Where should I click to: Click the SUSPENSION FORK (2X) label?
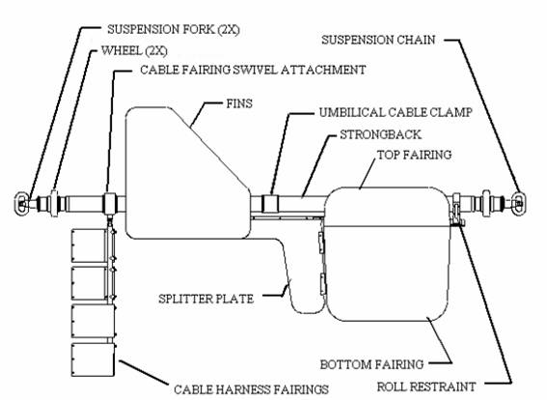click(x=174, y=29)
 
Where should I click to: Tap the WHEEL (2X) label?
click(x=134, y=51)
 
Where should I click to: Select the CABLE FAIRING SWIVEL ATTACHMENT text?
click(x=253, y=70)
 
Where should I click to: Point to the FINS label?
click(x=239, y=103)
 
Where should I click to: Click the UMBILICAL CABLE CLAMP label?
click(x=396, y=112)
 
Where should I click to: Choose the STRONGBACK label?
click(x=381, y=134)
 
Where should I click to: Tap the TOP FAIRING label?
click(x=415, y=155)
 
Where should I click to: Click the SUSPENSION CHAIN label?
click(x=378, y=40)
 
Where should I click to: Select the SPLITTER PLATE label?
click(x=205, y=299)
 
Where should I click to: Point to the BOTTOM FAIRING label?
click(x=371, y=364)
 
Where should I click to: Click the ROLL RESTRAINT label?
click(x=426, y=386)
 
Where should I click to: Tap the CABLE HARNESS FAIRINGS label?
click(x=251, y=389)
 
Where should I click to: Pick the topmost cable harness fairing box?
click(x=89, y=245)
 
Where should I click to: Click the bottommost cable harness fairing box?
click(x=93, y=359)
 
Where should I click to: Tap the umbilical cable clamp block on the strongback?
click(x=269, y=203)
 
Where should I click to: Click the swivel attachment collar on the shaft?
click(x=110, y=203)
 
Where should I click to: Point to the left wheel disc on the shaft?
click(x=54, y=203)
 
